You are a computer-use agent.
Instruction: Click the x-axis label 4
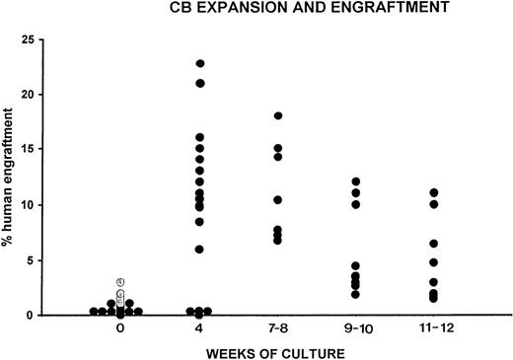(x=200, y=332)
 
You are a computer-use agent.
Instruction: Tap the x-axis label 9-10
(x=358, y=332)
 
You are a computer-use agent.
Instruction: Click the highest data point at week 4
(x=200, y=64)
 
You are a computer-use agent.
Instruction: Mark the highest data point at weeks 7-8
(x=279, y=116)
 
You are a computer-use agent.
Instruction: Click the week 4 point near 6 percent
(x=200, y=250)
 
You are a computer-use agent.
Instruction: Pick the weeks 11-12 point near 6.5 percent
(x=434, y=244)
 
